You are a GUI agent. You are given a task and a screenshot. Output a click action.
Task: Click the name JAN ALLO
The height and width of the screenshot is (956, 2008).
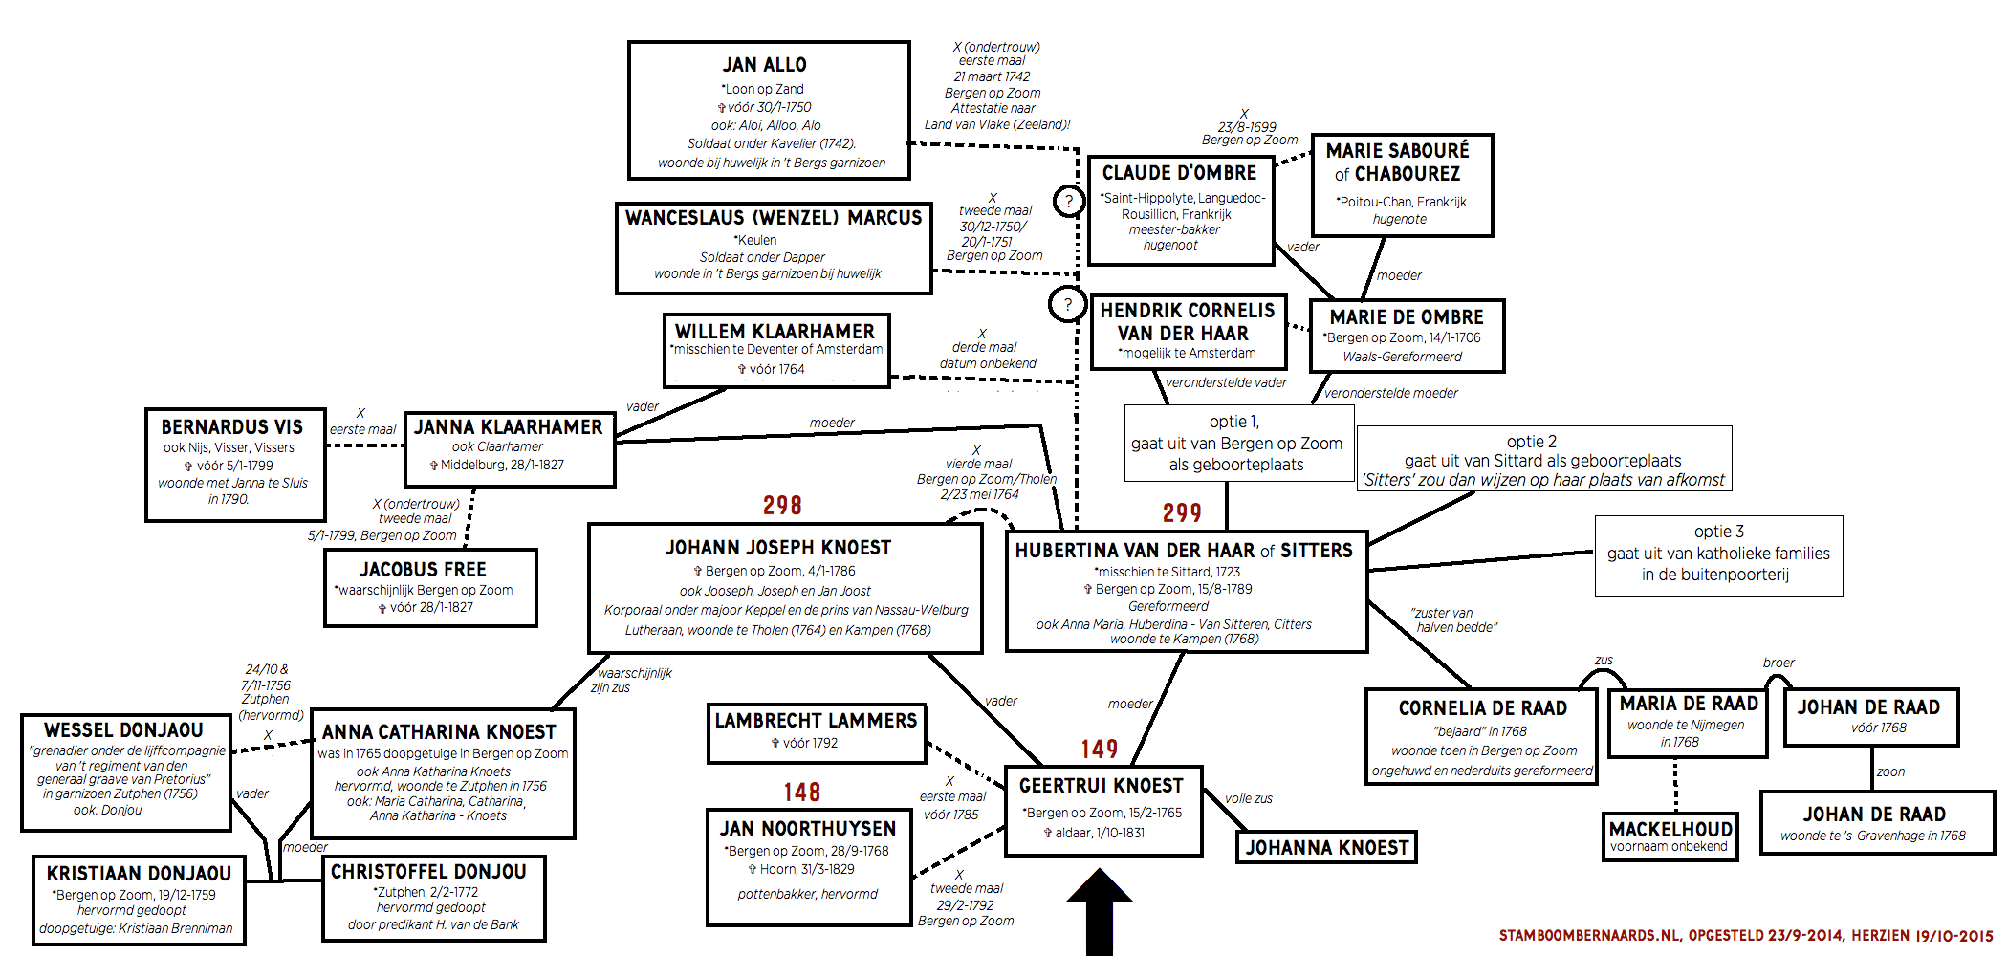point(764,65)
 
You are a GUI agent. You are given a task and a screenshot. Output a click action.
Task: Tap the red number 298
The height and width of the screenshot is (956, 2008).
point(782,506)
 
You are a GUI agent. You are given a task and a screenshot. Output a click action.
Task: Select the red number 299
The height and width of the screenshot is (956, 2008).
point(1182,513)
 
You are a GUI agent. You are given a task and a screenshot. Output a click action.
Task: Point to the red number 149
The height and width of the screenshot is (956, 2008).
point(1100,750)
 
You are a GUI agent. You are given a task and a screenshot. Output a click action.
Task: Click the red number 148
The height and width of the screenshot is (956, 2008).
point(801,793)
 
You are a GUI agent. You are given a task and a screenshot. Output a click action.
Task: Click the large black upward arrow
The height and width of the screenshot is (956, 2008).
point(1100,913)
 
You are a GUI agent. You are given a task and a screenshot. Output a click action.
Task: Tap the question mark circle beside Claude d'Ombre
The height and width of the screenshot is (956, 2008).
point(1069,202)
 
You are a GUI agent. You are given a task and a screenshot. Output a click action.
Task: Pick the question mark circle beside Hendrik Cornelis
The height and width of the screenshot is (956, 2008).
point(1067,305)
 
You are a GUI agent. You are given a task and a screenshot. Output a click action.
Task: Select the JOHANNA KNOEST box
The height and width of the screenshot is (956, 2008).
point(1326,848)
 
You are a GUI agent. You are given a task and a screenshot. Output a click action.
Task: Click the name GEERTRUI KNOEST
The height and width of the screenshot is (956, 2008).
point(1101,786)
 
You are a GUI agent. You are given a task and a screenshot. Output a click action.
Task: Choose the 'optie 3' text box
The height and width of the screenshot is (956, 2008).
point(1718,554)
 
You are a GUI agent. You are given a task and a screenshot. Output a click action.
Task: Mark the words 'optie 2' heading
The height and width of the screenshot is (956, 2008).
point(1532,442)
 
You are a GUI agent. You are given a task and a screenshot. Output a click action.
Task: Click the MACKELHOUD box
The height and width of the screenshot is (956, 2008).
point(1670,836)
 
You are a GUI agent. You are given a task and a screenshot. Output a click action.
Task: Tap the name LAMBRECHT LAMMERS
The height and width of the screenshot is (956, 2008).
point(816,721)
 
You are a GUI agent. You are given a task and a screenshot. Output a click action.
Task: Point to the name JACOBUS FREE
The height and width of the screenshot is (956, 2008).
point(423,570)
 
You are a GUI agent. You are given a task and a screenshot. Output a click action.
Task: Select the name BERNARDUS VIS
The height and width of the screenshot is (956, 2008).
point(231,427)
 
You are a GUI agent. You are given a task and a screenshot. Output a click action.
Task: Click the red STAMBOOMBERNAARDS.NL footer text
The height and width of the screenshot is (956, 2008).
point(1745,936)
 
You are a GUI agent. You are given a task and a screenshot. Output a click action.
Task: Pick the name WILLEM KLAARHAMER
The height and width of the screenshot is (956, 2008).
point(775,332)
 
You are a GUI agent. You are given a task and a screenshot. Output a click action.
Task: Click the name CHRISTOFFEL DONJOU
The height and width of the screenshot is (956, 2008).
point(428,872)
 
